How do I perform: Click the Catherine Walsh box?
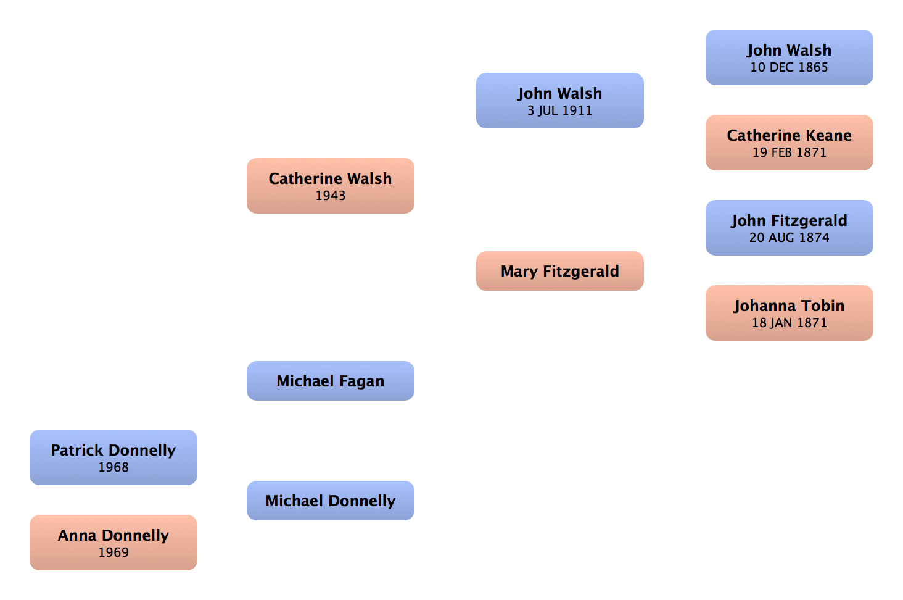coord(331,186)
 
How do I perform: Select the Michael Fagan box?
coord(331,381)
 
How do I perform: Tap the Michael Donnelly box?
coord(331,501)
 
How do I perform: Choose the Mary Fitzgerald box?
coord(559,271)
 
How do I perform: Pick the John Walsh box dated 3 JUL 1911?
coord(559,101)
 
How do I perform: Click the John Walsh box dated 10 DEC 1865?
coord(789,57)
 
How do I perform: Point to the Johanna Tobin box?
coord(789,313)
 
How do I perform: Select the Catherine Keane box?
coord(789,143)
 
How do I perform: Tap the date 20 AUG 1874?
coord(789,238)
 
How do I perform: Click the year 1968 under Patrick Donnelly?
coord(113,467)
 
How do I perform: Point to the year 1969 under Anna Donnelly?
coord(113,552)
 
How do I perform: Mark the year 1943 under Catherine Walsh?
coord(331,196)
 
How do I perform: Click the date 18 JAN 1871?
coord(789,323)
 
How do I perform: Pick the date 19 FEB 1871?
coord(789,152)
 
